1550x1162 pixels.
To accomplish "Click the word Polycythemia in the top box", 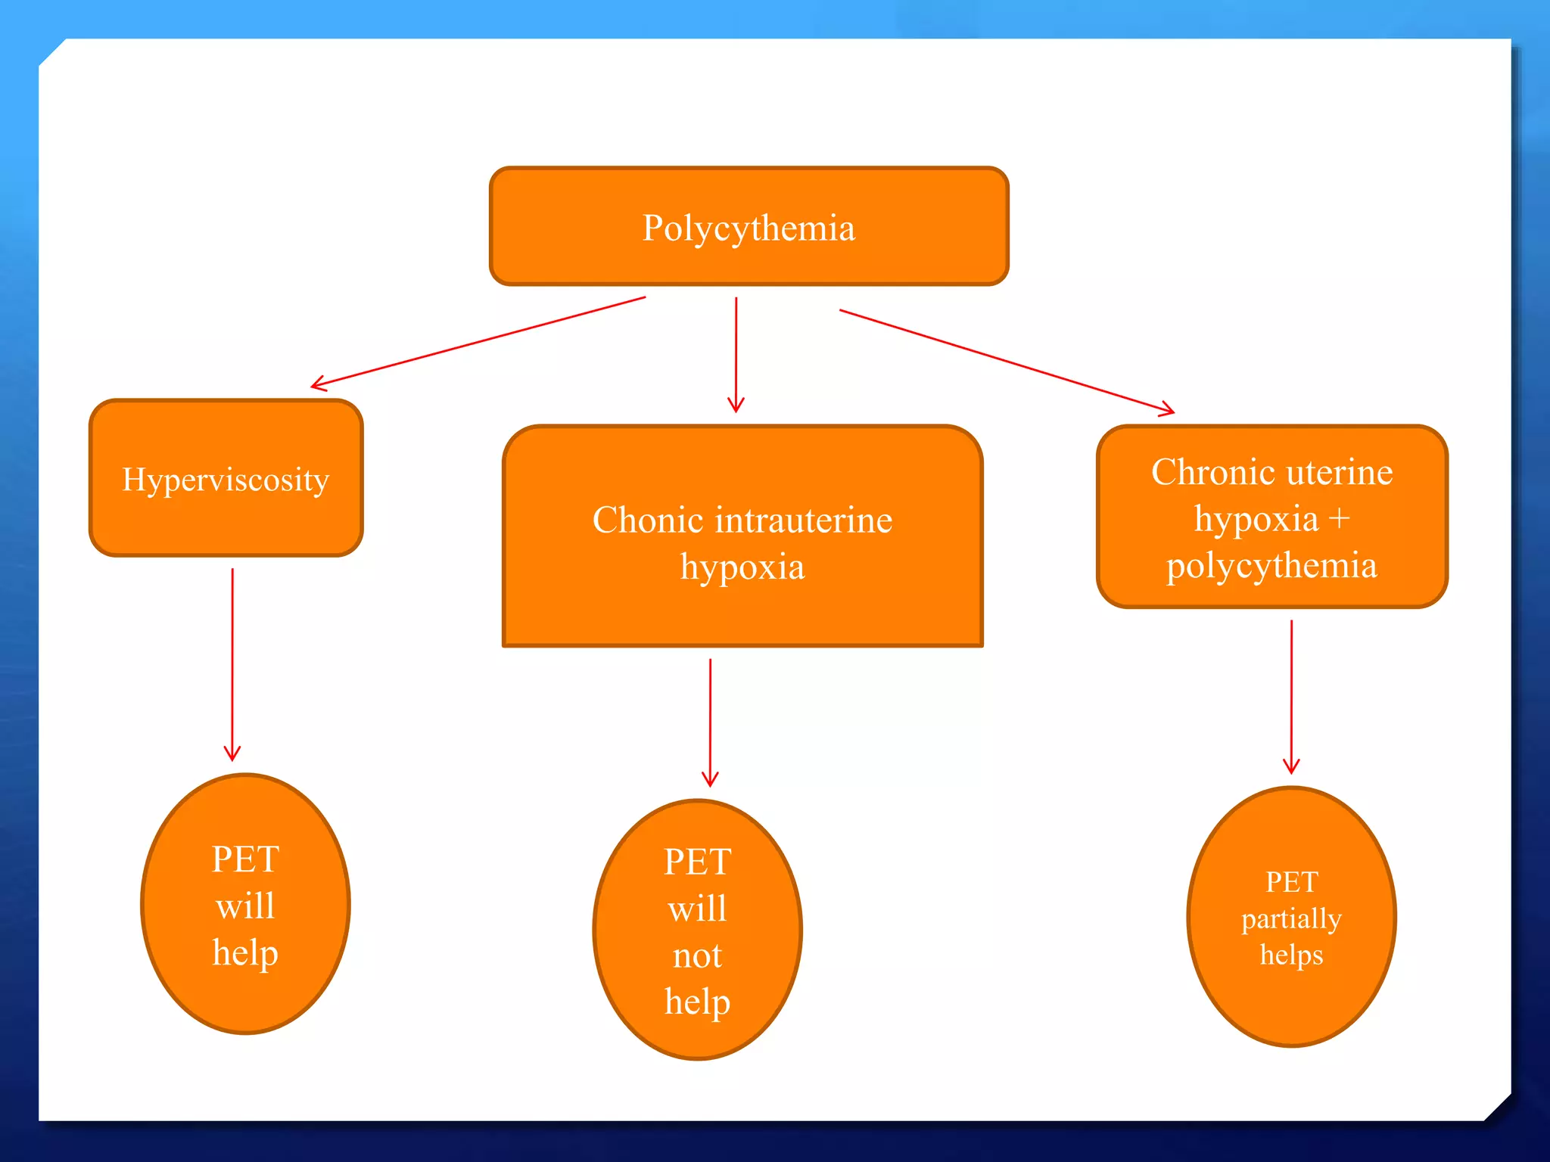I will [x=749, y=228].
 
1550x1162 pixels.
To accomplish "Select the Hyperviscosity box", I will [x=226, y=479].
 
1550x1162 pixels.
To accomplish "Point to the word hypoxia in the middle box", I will [x=742, y=567].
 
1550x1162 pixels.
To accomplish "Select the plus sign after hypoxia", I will [x=1339, y=520].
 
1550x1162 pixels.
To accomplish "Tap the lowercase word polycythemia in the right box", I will [x=1271, y=566].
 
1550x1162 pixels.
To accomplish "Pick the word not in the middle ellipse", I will [x=697, y=956].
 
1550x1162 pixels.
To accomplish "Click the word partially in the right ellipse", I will [x=1291, y=919].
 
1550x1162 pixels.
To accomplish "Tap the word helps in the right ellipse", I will [x=1291, y=955].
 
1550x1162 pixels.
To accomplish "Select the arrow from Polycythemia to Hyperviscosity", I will [x=478, y=342].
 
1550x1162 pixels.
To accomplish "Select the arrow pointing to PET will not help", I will [x=710, y=722].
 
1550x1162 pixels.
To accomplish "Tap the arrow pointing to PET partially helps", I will [x=1291, y=696].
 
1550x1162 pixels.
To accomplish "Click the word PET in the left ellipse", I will [x=245, y=859].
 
